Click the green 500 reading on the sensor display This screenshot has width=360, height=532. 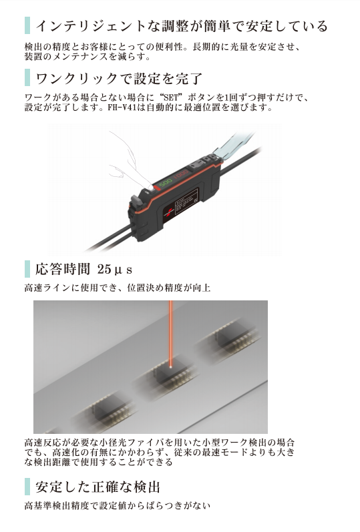click(x=166, y=183)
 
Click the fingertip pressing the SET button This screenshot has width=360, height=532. click(x=150, y=186)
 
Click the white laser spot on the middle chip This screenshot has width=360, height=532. click(x=170, y=366)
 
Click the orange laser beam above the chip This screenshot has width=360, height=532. click(x=170, y=332)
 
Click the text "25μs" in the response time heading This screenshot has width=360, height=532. click(x=114, y=270)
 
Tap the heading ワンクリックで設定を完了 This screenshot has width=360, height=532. click(x=119, y=79)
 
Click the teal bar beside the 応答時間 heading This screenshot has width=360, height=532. click(x=27, y=269)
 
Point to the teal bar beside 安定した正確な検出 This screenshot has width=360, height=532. click(x=27, y=487)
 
